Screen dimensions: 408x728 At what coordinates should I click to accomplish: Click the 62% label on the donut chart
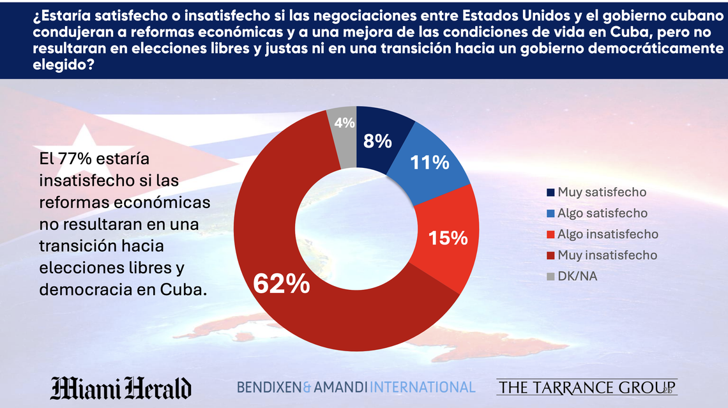point(282,283)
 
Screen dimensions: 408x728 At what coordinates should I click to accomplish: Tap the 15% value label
point(449,238)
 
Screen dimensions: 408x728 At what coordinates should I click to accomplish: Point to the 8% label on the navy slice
point(377,141)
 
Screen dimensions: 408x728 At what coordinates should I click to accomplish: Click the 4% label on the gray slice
point(344,123)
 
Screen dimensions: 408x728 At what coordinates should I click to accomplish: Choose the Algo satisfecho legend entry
point(602,213)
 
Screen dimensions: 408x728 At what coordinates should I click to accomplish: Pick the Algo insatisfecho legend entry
point(607,234)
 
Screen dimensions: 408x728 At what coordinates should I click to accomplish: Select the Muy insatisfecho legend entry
point(607,255)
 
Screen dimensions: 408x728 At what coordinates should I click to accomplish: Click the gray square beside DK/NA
point(550,276)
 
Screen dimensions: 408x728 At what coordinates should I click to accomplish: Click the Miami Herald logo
point(121,387)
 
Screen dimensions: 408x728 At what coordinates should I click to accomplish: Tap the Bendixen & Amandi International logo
point(356,387)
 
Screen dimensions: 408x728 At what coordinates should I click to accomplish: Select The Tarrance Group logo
point(586,387)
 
